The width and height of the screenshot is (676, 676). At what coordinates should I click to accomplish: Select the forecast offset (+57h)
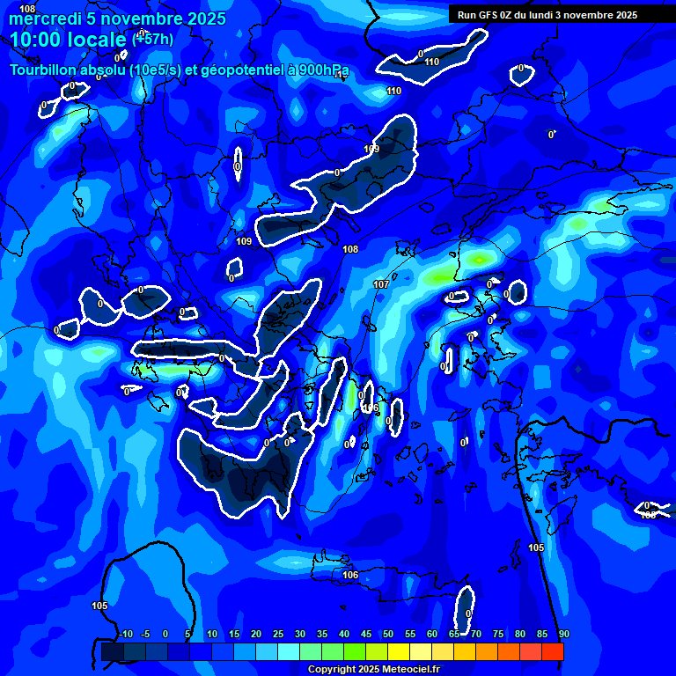point(152,40)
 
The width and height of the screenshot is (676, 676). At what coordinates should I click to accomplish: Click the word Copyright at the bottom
point(331,670)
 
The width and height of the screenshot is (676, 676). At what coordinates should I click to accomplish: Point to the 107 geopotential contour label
point(381,284)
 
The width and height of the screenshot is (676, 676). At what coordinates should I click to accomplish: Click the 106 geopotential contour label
point(350,575)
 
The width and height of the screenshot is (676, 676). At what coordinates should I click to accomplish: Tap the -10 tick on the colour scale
point(125,635)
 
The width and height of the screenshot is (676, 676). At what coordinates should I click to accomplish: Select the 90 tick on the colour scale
point(563,635)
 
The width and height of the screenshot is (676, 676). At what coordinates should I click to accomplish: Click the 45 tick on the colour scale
point(365,635)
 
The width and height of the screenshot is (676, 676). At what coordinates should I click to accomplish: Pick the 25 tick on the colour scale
point(278,635)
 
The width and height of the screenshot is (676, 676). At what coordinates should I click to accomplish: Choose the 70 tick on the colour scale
point(475,635)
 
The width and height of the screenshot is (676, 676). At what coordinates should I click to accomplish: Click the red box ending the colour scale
point(552,651)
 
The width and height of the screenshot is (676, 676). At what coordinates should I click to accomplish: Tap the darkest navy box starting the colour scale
point(112,651)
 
